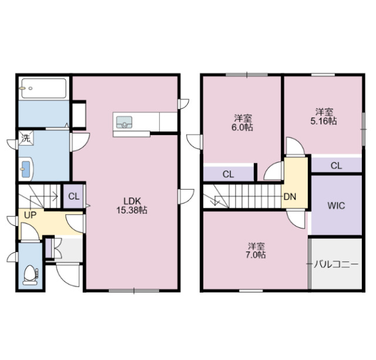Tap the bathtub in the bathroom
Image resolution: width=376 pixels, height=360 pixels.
43,89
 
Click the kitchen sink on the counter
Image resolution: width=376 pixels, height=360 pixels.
125,122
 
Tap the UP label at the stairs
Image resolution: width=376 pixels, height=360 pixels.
30,215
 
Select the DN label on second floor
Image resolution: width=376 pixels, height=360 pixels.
290,197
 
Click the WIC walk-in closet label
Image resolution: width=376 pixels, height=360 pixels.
335,206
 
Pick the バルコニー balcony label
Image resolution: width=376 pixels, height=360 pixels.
335,264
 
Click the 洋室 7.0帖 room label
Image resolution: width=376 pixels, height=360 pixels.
256,250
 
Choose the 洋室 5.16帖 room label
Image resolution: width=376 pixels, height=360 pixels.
324,116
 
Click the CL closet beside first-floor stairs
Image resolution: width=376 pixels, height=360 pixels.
73,197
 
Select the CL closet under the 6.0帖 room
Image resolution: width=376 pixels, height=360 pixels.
228,174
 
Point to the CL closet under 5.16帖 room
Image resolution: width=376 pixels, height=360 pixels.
335,166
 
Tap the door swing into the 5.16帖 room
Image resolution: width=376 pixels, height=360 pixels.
296,147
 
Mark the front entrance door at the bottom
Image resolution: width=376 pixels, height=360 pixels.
68,275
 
